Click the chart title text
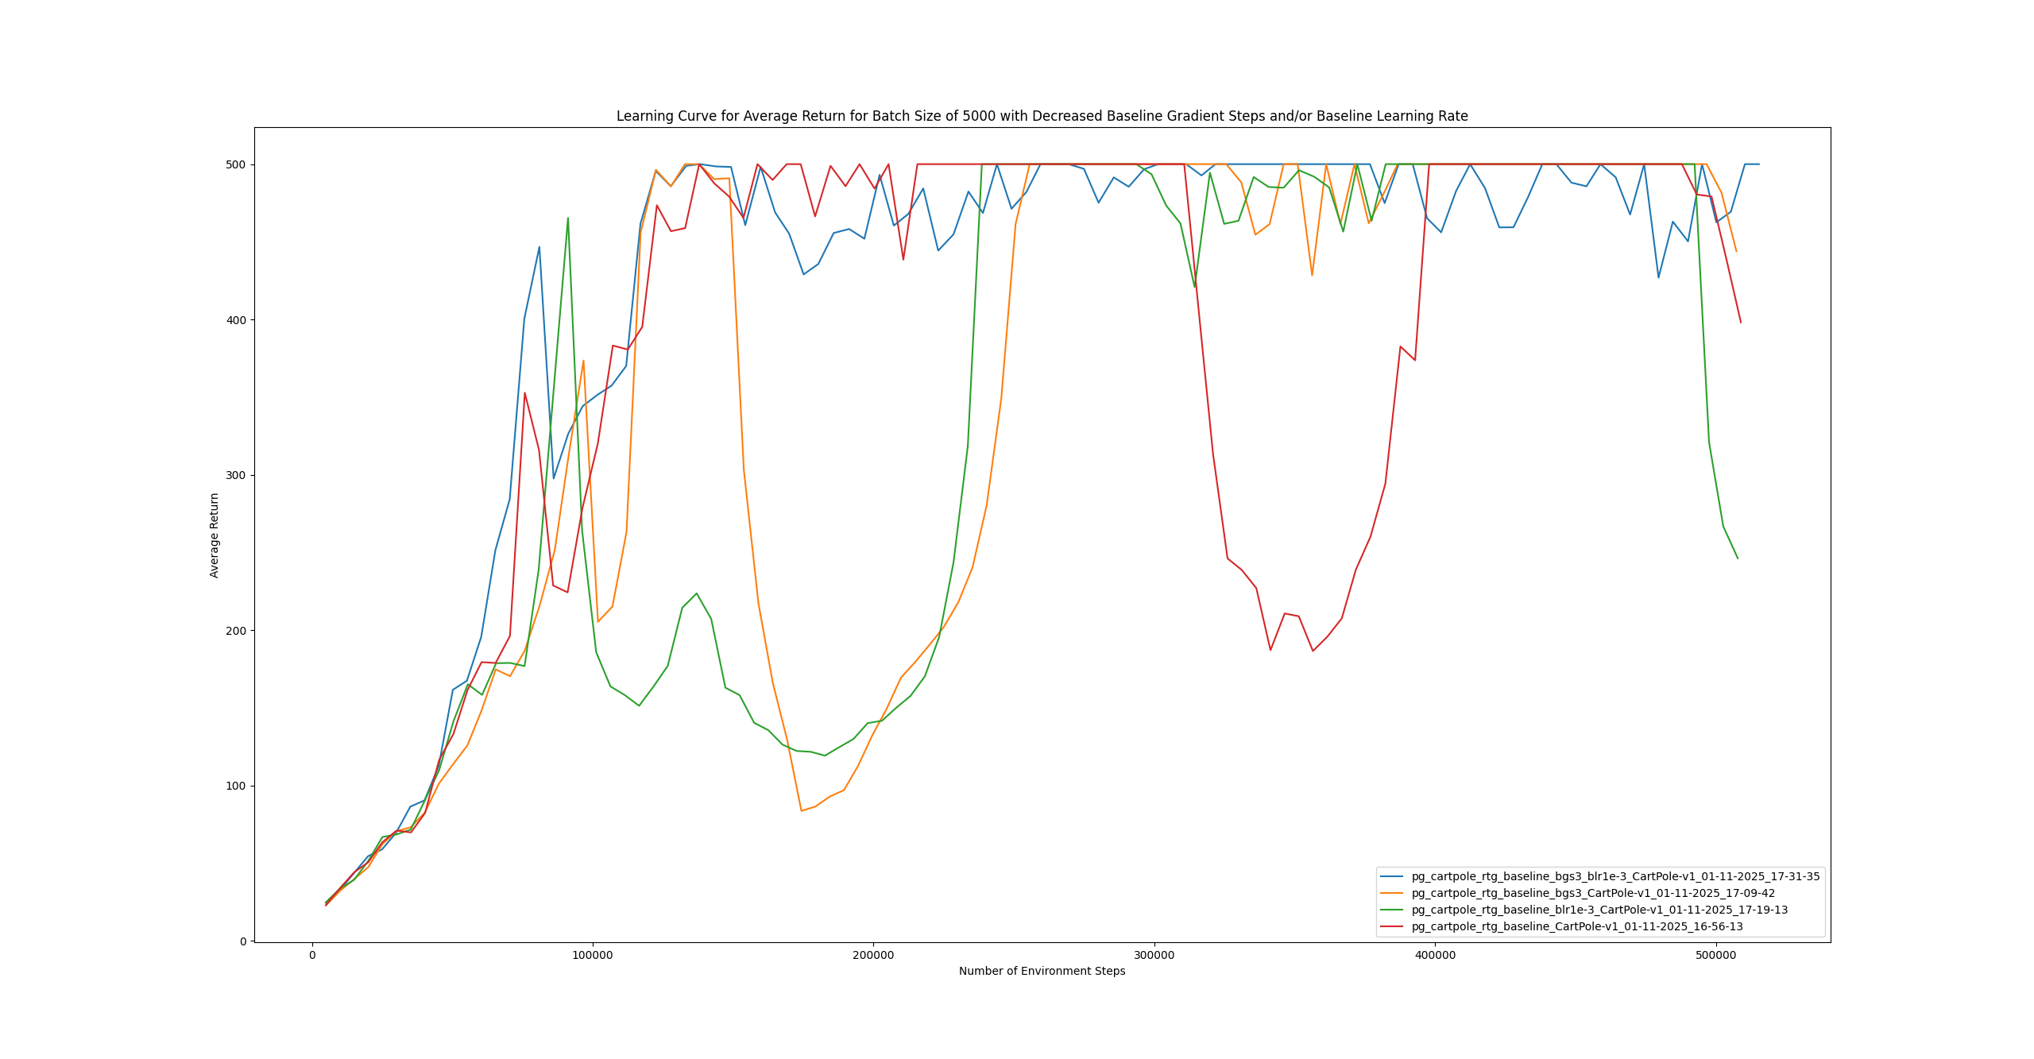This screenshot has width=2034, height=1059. (1042, 116)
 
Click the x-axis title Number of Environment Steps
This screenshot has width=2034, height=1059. (1042, 971)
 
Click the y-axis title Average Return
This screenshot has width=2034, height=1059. (215, 535)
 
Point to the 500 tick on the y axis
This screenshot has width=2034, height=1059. (236, 164)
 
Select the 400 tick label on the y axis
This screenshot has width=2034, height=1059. (236, 320)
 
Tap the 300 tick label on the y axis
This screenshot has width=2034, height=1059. (236, 475)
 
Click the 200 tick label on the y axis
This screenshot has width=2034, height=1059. (236, 631)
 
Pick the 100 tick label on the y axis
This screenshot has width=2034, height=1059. (236, 786)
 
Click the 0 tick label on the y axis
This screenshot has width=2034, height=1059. (243, 941)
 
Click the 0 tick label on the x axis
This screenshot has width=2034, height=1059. (312, 955)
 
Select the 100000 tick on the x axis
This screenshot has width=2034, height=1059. (593, 955)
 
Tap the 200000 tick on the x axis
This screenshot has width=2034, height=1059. (873, 955)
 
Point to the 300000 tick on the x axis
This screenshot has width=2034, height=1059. (1154, 955)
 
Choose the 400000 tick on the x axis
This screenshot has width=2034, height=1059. (1435, 955)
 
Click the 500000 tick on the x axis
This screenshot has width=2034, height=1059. (1716, 955)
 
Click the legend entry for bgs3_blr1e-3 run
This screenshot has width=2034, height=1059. (1615, 876)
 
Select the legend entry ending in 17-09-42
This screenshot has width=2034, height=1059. (1593, 893)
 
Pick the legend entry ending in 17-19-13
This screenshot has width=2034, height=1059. (1599, 910)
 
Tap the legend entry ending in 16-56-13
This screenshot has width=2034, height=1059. (1577, 926)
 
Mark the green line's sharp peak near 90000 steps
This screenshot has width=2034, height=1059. (567, 218)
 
